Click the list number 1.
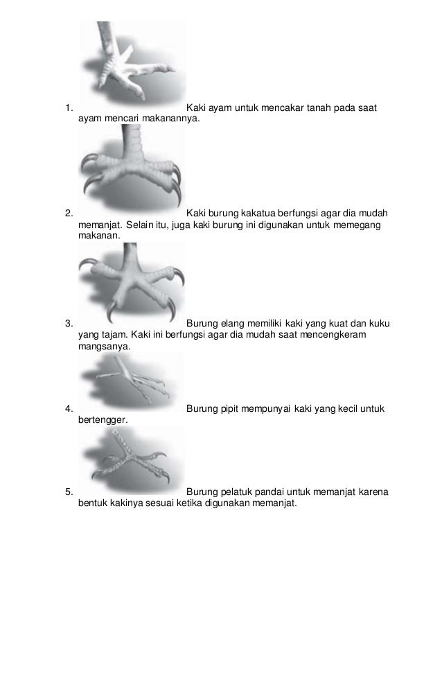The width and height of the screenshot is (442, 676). click(x=67, y=107)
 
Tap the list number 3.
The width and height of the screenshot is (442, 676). click(x=67, y=322)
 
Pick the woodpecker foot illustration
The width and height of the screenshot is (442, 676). click(x=132, y=458)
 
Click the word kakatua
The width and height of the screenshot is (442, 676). click(x=263, y=212)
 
